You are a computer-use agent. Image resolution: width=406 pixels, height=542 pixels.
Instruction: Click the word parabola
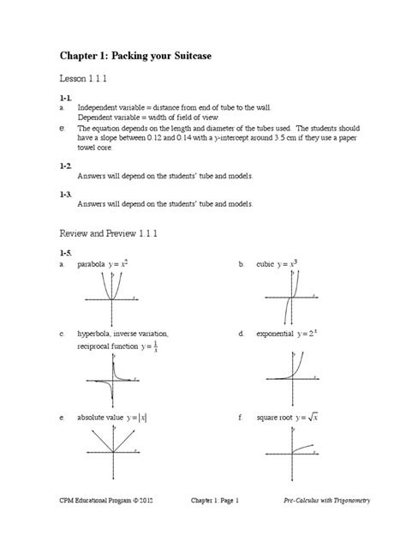[x=93, y=265]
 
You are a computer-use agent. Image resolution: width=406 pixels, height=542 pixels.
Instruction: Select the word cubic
[x=266, y=265]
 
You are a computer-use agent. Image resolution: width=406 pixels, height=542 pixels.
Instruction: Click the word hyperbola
[x=97, y=333]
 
